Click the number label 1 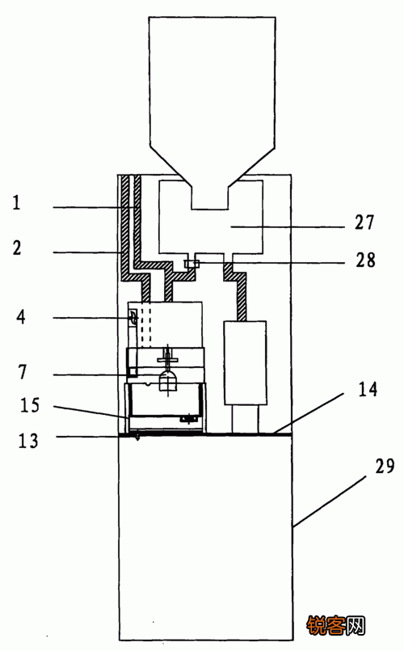tap(16, 203)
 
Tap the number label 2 tap(17, 247)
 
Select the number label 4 tap(21, 317)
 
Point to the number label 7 tap(23, 371)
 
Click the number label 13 tap(28, 441)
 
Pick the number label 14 tap(368, 389)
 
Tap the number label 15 tap(30, 405)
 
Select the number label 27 tap(364, 222)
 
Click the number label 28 tap(366, 260)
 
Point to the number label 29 tap(385, 467)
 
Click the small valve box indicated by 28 tap(191, 263)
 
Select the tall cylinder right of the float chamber tap(245, 362)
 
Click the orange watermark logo tap(336, 626)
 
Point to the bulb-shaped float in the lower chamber tap(168, 381)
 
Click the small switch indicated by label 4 tap(133, 319)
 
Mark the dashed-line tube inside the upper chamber tap(146, 325)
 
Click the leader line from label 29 tap(330, 501)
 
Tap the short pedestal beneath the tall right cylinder tap(245, 419)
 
